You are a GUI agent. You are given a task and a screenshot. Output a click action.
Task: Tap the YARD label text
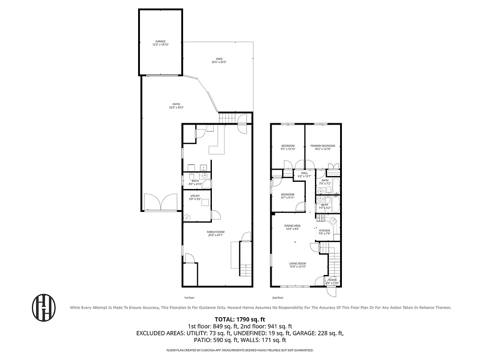click(x=219, y=60)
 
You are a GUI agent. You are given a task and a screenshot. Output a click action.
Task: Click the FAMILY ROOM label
click(x=215, y=233)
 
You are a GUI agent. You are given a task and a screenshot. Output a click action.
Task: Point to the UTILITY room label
click(x=195, y=198)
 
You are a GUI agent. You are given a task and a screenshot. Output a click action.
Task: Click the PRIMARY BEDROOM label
click(x=322, y=147)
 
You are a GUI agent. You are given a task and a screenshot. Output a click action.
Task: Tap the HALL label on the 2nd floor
click(x=304, y=174)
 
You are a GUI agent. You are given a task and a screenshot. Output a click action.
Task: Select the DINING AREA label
click(x=292, y=227)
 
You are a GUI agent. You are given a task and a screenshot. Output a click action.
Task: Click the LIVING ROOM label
click(x=297, y=265)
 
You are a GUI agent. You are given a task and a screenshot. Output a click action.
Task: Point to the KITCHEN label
click(x=324, y=232)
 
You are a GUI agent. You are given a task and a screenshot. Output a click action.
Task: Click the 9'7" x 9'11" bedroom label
click(x=287, y=196)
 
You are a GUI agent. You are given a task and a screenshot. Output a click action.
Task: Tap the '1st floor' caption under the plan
click(x=189, y=297)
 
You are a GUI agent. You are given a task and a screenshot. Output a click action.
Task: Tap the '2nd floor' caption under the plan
click(x=278, y=297)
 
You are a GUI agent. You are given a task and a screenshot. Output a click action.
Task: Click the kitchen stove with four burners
click(x=321, y=218)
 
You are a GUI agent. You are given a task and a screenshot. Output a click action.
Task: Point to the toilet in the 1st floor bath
click(x=191, y=176)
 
